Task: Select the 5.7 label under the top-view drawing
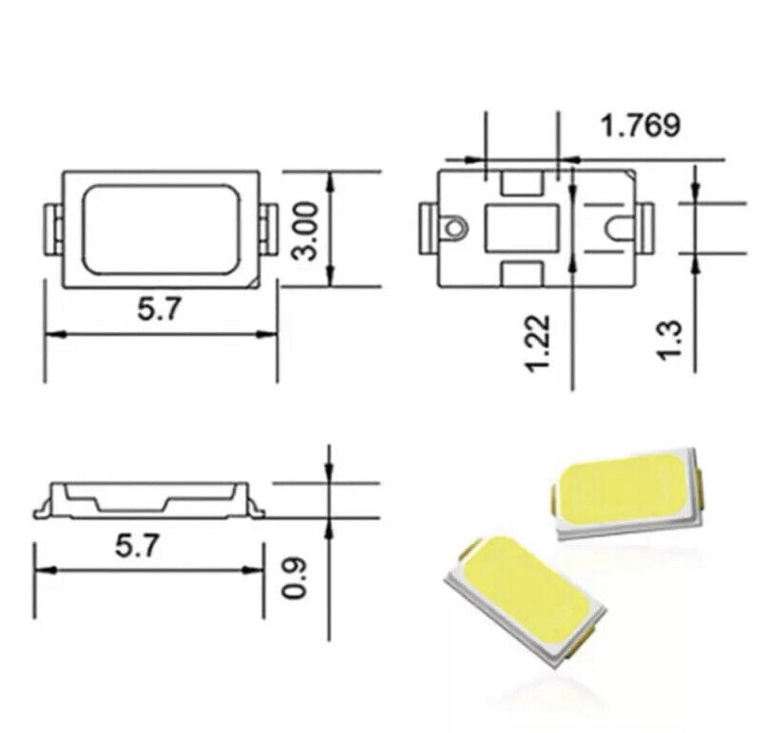tap(159, 310)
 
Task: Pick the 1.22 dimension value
tap(538, 344)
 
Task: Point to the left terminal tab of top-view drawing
tap(52, 228)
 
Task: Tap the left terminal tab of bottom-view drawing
tap(426, 228)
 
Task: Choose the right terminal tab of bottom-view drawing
tap(645, 228)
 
